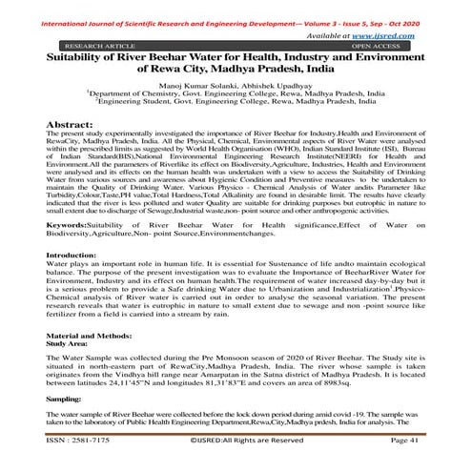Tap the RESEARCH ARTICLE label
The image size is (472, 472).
pyautogui.click(x=94, y=44)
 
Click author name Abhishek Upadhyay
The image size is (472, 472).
pyautogui.click(x=277, y=86)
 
